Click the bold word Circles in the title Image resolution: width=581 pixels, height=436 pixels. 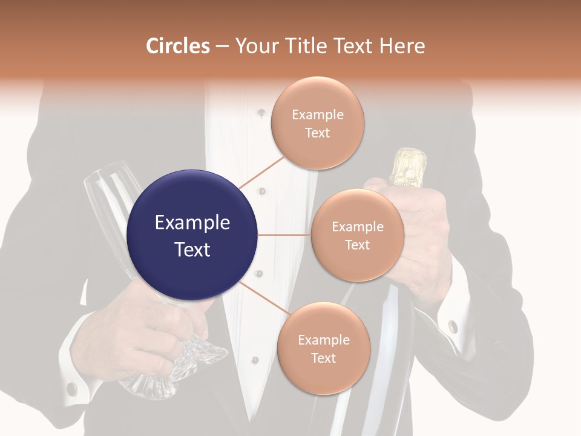(x=177, y=46)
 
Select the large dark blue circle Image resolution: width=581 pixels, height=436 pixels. (x=192, y=235)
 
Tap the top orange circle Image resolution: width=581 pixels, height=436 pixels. (x=317, y=124)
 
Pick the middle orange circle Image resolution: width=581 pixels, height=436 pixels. (x=357, y=235)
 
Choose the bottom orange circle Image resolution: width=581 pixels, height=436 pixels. (x=323, y=348)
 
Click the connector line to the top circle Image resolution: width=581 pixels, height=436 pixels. (x=261, y=172)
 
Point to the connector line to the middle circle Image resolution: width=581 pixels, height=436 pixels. (x=284, y=235)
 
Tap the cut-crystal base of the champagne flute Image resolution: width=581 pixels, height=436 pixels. (x=200, y=357)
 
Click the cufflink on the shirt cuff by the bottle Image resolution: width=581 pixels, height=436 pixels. (x=453, y=326)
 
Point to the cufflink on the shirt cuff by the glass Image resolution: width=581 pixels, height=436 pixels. (x=71, y=388)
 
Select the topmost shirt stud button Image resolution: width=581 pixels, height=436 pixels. (x=261, y=113)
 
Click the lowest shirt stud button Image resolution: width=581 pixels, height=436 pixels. (x=255, y=360)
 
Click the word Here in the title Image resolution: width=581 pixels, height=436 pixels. (x=402, y=46)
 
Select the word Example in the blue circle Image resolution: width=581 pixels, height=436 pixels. (x=192, y=223)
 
